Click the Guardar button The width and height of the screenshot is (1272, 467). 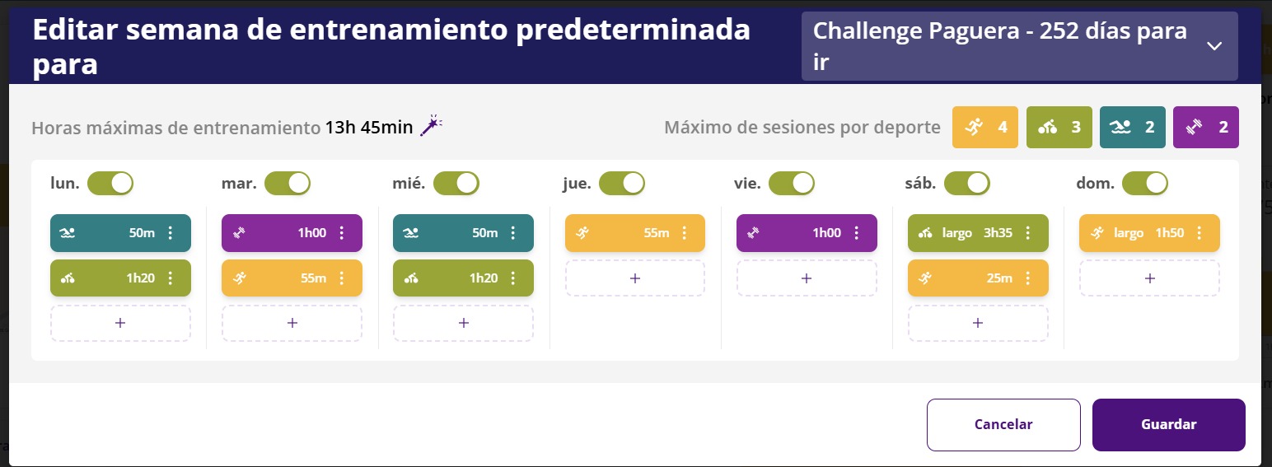click(1169, 424)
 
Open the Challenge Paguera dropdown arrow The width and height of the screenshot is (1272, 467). click(1214, 46)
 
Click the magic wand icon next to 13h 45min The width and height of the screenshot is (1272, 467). click(431, 126)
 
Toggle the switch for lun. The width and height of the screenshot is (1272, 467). click(110, 184)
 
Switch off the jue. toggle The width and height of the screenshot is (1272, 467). click(622, 184)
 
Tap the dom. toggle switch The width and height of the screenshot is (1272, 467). click(1145, 184)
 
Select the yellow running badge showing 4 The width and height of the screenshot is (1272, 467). click(985, 127)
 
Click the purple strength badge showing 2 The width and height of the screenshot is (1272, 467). click(1206, 127)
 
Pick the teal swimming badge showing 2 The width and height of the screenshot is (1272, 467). click(1132, 127)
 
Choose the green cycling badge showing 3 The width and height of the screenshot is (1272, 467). click(1059, 127)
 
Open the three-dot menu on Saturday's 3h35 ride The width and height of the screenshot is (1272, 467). click(1028, 232)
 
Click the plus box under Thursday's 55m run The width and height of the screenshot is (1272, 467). click(635, 278)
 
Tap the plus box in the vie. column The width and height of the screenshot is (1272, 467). click(807, 278)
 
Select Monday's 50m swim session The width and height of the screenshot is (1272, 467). click(120, 232)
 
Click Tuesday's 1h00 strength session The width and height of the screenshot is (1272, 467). click(292, 232)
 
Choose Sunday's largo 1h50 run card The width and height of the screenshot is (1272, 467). click(1149, 232)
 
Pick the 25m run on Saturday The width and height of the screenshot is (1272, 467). click(978, 278)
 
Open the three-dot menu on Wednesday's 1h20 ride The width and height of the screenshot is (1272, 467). click(512, 278)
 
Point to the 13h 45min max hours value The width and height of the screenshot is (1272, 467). click(369, 127)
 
